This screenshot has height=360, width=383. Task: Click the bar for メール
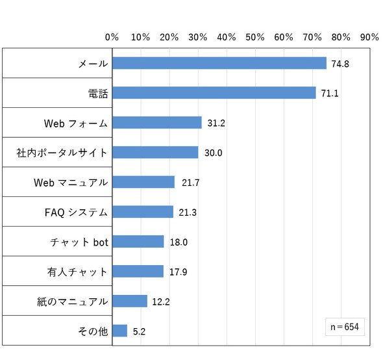[219, 63]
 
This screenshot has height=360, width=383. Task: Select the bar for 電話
[214, 93]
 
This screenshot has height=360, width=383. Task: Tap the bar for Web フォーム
[157, 123]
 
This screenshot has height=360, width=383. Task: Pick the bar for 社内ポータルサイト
[155, 152]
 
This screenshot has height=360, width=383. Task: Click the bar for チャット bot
[138, 241]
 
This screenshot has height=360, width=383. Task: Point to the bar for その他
[119, 331]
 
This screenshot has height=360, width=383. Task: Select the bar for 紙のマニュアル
[130, 301]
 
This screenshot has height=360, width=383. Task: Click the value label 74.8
[340, 64]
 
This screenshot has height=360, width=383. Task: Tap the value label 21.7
[190, 183]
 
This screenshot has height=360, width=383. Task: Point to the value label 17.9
[179, 272]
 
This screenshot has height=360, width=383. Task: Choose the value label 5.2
[139, 331]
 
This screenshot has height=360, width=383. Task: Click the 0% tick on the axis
[112, 37]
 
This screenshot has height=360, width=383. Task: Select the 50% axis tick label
[255, 37]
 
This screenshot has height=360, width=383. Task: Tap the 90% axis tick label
[369, 37]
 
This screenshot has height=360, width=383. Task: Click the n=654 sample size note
[345, 327]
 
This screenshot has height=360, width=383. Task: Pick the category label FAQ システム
[76, 212]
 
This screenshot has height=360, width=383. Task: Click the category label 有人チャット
[77, 272]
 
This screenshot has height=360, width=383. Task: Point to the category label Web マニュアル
[71, 183]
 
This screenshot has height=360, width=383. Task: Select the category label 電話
[98, 94]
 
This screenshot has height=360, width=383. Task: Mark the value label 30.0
[213, 153]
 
